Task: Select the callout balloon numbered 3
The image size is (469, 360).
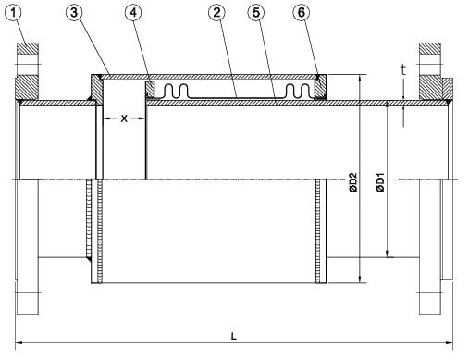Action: point(74,13)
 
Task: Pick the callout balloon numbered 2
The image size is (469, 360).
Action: point(216,13)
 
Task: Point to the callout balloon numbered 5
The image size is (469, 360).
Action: point(256,13)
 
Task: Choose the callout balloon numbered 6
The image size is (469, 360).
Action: point(301,13)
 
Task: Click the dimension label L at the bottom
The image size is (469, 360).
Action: point(234,336)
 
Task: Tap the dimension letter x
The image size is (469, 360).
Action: point(124,118)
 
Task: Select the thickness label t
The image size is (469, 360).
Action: point(403,70)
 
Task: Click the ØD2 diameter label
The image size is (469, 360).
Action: point(353,182)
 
